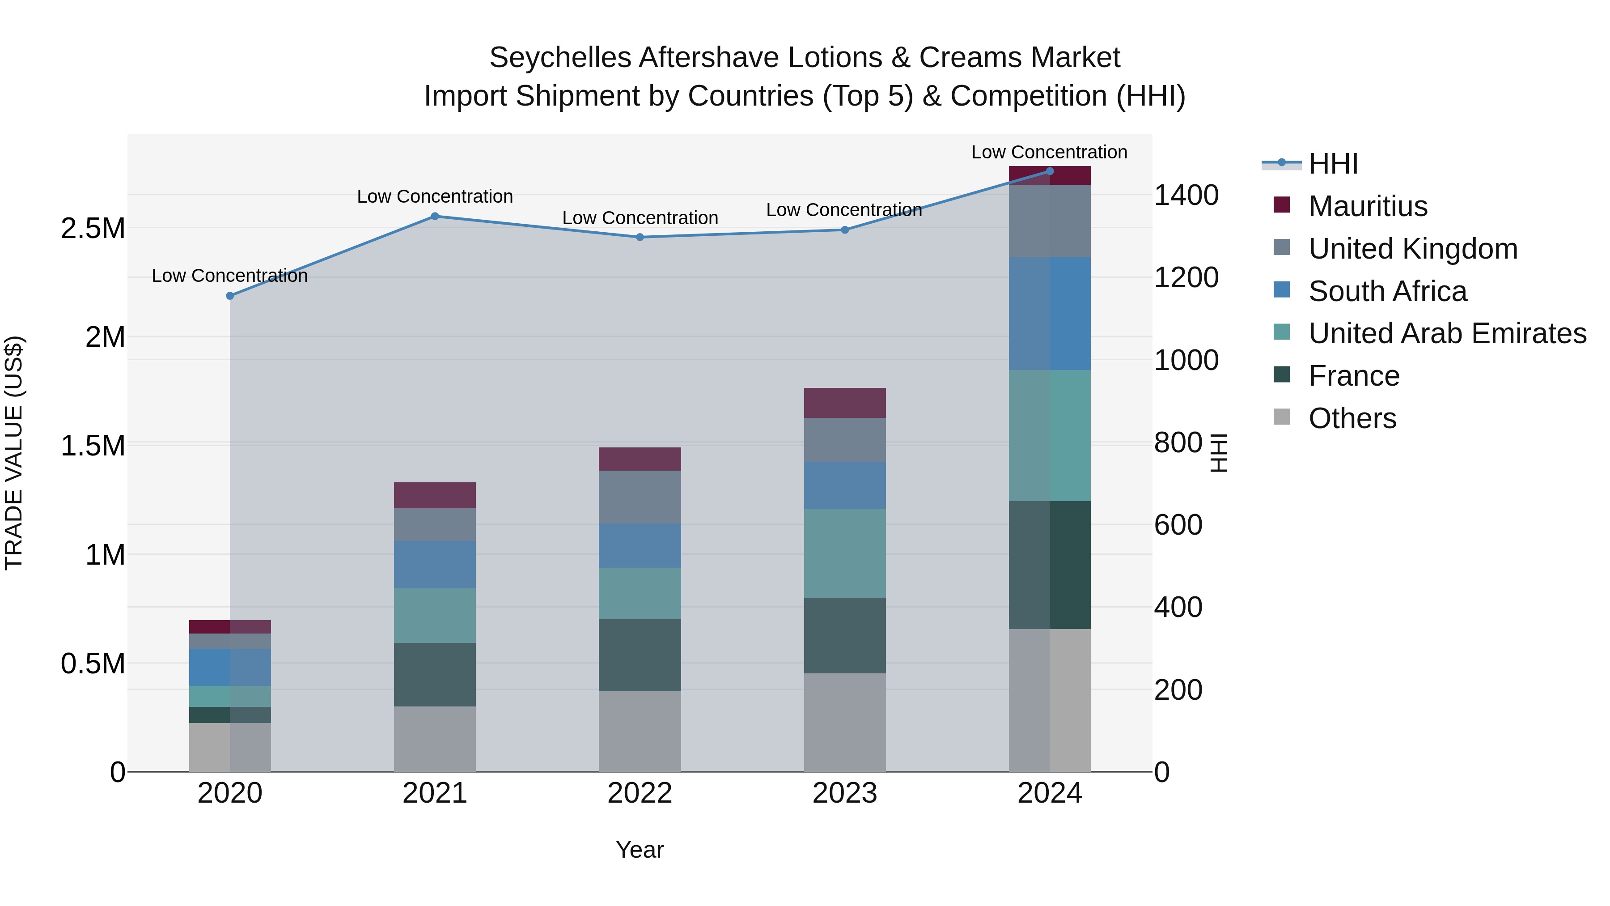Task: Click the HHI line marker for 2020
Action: coord(230,296)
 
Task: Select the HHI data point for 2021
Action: coord(435,217)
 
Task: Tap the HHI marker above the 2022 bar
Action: coord(640,238)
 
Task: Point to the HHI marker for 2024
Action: coord(1050,171)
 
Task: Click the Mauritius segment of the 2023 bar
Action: coord(844,403)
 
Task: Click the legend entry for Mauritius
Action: coord(1368,206)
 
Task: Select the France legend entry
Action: coord(1354,376)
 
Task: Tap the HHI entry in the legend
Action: coord(1333,164)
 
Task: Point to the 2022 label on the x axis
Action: coord(640,793)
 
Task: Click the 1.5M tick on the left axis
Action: coord(93,446)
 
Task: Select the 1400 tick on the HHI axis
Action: coord(1186,195)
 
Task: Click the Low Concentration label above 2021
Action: coord(435,196)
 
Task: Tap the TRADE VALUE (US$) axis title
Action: coord(14,453)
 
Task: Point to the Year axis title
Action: coord(640,850)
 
